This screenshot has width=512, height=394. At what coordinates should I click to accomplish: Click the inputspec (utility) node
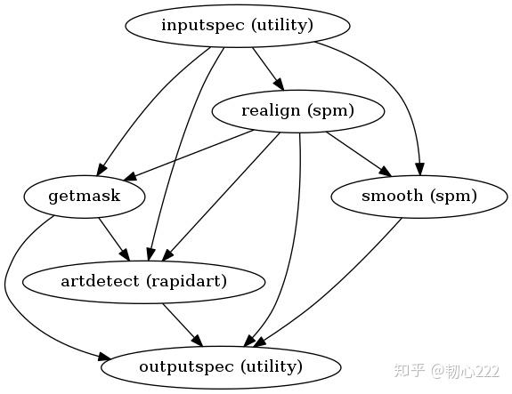237,25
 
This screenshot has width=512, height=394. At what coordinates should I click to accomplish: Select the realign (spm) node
297,111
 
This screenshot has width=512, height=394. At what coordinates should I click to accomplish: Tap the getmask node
85,196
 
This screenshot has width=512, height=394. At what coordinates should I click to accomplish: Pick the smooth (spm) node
419,196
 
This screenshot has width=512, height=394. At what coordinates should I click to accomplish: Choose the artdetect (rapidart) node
142,282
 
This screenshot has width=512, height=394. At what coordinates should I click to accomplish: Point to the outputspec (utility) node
221,366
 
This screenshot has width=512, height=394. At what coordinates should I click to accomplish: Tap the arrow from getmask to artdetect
114,238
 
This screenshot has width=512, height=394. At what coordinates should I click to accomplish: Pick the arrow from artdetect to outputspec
182,324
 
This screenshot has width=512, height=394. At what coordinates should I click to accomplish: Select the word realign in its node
267,111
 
